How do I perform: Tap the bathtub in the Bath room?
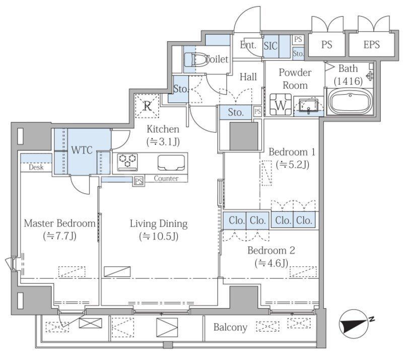tap(350, 102)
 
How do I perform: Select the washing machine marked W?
tap(281, 104)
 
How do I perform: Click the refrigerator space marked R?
tap(147, 106)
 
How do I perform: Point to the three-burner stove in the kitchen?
tap(127, 162)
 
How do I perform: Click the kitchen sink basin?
tap(171, 163)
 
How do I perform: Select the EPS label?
tap(371, 45)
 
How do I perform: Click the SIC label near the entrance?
tap(271, 46)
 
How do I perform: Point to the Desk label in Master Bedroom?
tap(36, 167)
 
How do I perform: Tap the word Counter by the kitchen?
tap(166, 178)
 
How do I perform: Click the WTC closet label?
tap(82, 150)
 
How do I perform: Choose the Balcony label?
tap(230, 327)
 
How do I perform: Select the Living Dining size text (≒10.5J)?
tap(159, 236)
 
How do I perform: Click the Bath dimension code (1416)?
tap(349, 81)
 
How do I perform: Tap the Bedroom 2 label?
tap(271, 250)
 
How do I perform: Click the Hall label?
tap(248, 77)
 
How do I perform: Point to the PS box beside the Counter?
tap(139, 181)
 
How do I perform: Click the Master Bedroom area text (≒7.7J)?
tap(59, 236)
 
